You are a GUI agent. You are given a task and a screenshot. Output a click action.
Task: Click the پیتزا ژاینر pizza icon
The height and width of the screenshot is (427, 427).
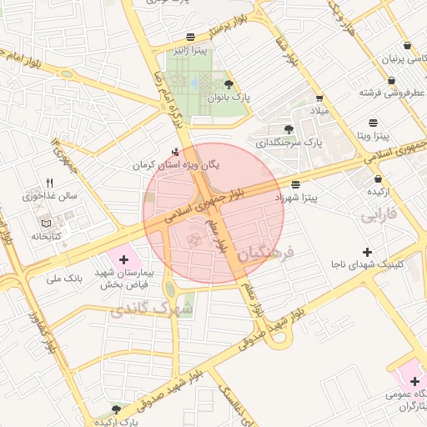[x=192, y=36]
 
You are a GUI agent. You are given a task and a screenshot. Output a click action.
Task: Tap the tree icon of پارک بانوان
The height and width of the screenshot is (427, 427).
[x=229, y=83]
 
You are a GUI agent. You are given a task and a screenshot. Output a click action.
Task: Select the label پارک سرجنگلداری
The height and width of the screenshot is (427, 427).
[x=288, y=143]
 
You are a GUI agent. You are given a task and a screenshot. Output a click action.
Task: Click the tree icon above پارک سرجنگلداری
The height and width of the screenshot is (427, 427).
[x=289, y=129]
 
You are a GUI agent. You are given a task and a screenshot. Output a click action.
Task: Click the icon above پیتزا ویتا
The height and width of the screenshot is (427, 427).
[x=373, y=121]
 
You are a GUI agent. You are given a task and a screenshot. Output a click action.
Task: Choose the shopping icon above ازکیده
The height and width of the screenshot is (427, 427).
[x=379, y=178]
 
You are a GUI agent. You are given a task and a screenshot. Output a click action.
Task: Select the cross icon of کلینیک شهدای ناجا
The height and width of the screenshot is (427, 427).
[x=367, y=252]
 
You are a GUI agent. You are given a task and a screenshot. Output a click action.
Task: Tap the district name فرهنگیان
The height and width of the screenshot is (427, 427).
[x=266, y=253]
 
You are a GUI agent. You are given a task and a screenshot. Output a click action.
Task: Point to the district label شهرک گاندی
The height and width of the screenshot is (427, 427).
[x=151, y=310]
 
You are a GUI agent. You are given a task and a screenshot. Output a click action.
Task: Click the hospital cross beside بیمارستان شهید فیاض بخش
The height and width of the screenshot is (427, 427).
[x=124, y=260]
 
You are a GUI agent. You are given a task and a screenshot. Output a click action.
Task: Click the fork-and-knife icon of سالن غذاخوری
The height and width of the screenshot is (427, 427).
[x=49, y=183]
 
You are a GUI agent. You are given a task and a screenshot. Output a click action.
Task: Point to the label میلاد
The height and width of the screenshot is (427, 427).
[x=320, y=110]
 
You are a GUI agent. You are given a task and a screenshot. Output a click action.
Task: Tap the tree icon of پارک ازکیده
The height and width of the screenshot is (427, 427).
[x=116, y=410]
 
